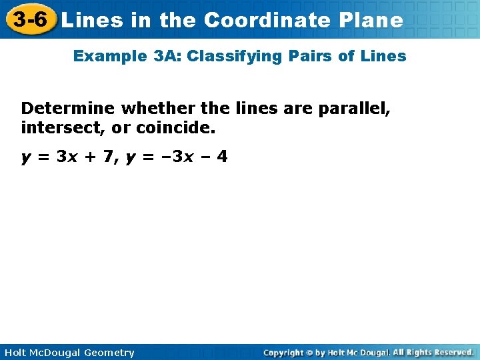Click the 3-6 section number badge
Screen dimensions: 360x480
coord(29,19)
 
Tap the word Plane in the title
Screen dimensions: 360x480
coord(370,20)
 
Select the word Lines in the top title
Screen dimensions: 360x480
coord(91,20)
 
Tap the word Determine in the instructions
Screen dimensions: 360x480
coord(68,108)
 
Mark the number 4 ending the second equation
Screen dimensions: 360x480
coord(222,157)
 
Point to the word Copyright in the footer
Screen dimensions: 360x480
coord(283,353)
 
